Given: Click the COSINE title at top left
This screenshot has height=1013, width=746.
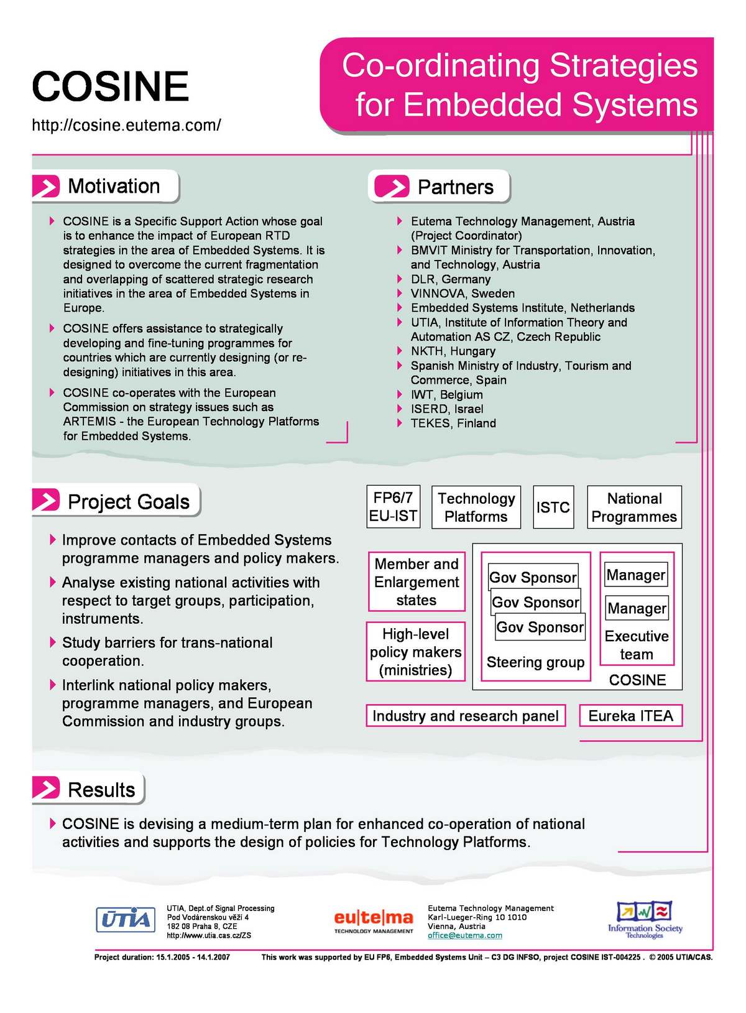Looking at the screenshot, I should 110,86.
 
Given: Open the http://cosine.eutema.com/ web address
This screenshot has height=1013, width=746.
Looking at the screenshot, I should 126,125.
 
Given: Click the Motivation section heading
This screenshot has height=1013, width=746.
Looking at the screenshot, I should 113,186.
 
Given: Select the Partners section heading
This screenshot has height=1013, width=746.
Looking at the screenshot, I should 455,187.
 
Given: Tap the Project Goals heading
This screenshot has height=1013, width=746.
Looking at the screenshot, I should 128,502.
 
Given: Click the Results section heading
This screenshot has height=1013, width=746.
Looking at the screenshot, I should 101,790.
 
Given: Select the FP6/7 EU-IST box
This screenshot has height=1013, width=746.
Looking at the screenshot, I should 393,507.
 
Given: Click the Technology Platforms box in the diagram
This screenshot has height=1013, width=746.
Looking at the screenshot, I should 476,507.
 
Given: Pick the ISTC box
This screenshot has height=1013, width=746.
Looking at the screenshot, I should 553,507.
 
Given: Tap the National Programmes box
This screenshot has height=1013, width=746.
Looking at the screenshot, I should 634,507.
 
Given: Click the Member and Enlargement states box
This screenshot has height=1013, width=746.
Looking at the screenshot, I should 417,582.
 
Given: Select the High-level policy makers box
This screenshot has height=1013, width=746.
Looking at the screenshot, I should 415,652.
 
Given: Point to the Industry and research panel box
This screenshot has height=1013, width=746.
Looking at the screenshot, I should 466,716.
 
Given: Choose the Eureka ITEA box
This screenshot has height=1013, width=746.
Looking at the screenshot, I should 630,716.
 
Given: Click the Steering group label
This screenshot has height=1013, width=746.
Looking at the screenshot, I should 535,662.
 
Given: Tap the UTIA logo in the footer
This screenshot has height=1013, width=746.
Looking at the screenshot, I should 126,919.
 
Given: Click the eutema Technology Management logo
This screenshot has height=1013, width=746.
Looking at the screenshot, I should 374,921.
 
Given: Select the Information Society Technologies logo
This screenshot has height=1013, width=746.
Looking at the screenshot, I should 645,920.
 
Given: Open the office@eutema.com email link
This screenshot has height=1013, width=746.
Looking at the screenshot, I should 464,935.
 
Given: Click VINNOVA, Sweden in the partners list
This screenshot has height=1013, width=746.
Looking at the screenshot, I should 463,294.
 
